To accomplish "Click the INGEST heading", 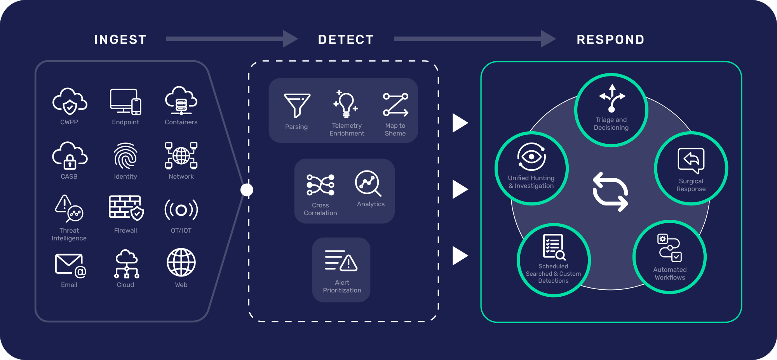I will coord(120,40).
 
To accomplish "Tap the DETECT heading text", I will coord(346,40).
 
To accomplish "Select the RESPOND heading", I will coord(610,40).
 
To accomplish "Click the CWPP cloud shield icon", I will coord(70,101).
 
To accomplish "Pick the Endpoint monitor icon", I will coord(125,102).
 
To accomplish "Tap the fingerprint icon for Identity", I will coord(125,156).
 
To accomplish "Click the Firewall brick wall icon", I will coord(125,208).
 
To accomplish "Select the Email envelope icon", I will coord(70,265).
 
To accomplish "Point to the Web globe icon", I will coord(181,263).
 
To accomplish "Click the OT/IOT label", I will coord(181,230).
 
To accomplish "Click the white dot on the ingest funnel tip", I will coord(247,190).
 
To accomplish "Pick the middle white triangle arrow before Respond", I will coord(460,190).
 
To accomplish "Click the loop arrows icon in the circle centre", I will coord(610,191).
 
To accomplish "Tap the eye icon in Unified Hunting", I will coord(531,157).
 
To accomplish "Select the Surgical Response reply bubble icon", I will coord(691,160).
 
